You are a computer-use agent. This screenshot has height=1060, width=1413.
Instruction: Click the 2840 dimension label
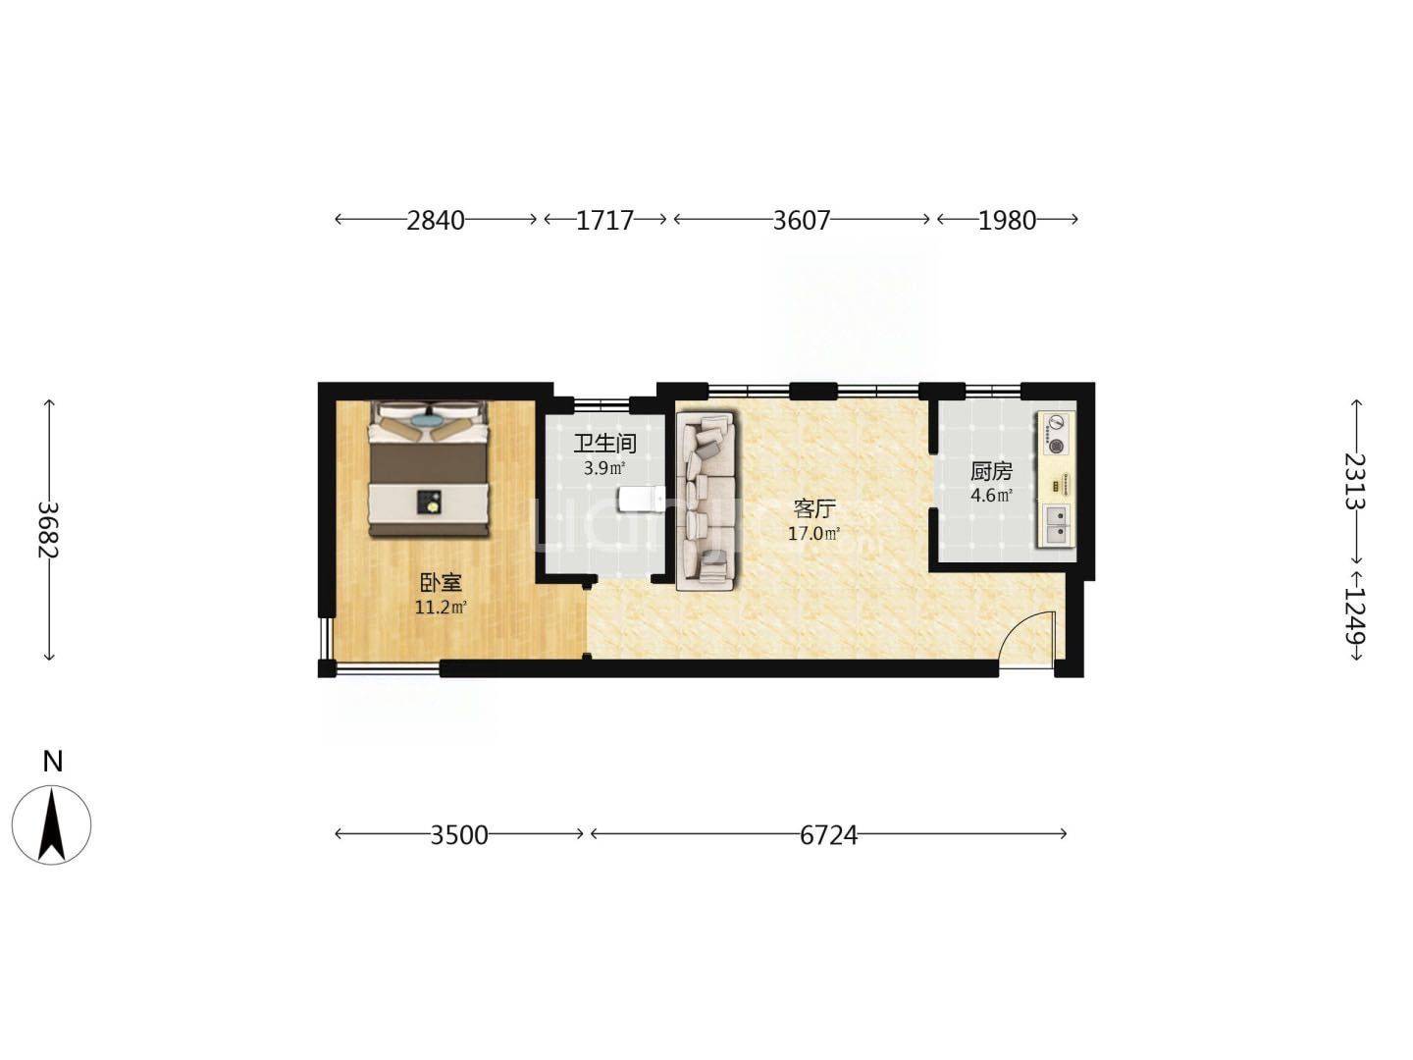pyautogui.click(x=435, y=221)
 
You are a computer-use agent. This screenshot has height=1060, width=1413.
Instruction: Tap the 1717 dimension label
pyautogui.click(x=604, y=221)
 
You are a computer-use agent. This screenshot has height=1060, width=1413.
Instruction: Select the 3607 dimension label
pyautogui.click(x=802, y=221)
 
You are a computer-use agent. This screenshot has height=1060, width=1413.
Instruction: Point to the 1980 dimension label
pyautogui.click(x=1007, y=221)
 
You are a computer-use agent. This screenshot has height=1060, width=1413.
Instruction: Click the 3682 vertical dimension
pyautogui.click(x=49, y=530)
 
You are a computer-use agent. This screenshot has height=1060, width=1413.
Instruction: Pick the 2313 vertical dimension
pyautogui.click(x=1355, y=481)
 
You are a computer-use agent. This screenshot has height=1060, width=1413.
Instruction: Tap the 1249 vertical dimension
pyautogui.click(x=1355, y=617)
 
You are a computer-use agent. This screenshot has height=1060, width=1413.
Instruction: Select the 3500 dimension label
pyautogui.click(x=459, y=835)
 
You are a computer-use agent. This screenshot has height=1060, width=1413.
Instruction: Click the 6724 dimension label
pyautogui.click(x=828, y=835)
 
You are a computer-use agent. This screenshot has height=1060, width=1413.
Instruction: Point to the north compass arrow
pyautogui.click(x=51, y=824)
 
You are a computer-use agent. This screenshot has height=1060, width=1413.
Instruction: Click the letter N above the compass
pyautogui.click(x=53, y=762)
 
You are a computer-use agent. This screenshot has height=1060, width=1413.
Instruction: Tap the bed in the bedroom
pyautogui.click(x=427, y=468)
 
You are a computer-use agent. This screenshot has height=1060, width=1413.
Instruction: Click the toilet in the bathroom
pyautogui.click(x=640, y=499)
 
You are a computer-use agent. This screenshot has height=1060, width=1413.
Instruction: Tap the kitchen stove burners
pyautogui.click(x=1055, y=434)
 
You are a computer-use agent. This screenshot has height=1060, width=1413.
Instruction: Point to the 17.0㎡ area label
pyautogui.click(x=814, y=534)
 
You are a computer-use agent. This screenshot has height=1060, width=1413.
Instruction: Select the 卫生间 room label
pyautogui.click(x=605, y=444)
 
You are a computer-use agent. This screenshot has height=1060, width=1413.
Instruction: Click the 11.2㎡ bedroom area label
pyautogui.click(x=441, y=607)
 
